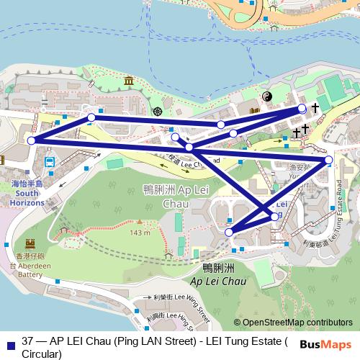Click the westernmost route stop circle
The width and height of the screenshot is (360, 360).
click(31, 140)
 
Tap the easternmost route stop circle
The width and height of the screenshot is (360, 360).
click(328, 159)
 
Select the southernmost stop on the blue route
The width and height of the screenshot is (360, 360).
click(229, 232)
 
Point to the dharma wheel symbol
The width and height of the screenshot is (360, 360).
click(157, 111)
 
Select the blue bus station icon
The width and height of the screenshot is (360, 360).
click(49, 161)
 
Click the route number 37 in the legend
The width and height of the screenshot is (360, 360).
click(29, 341)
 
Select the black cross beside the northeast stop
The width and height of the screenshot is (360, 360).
click(315, 107)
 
